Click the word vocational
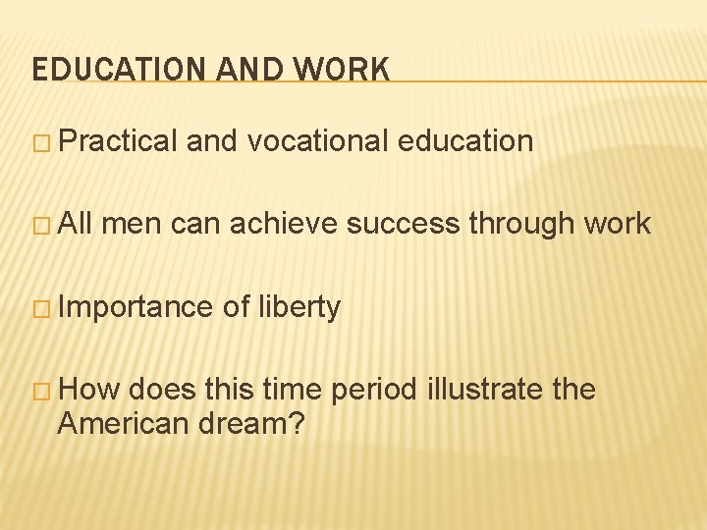pyautogui.click(x=319, y=140)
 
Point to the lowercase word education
pyautogui.click(x=465, y=140)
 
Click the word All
pyautogui.click(x=77, y=224)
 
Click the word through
pyautogui.click(x=519, y=224)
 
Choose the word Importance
pyautogui.click(x=136, y=307)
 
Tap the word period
pyautogui.click(x=374, y=391)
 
